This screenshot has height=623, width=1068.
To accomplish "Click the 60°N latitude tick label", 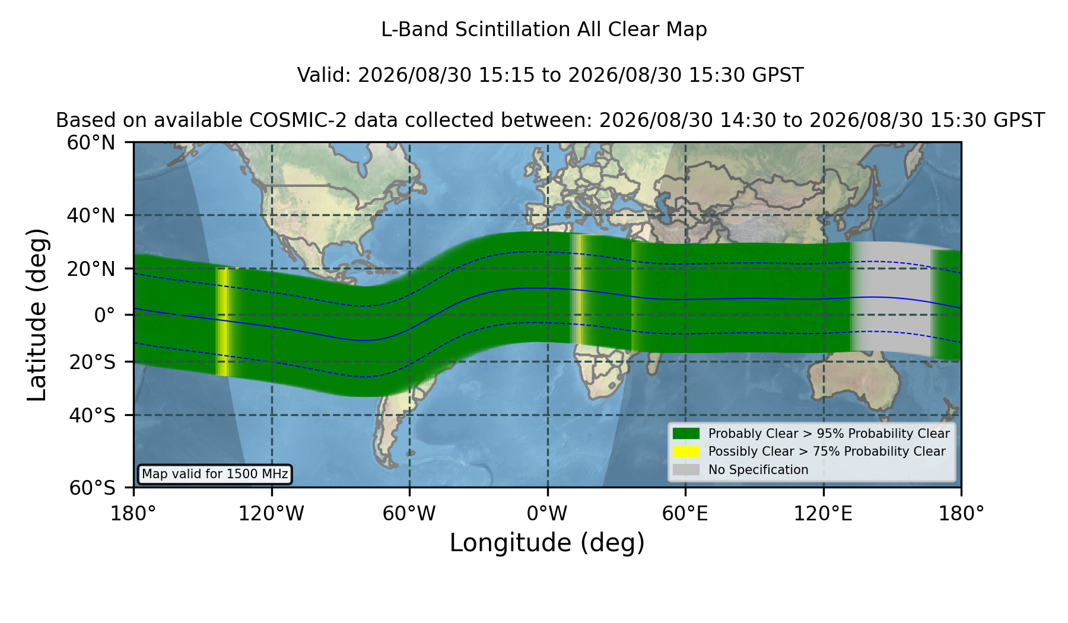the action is [x=91, y=143].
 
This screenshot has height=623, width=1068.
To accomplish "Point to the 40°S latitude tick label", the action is [x=92, y=415].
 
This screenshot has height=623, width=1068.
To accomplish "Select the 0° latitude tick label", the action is [x=104, y=315].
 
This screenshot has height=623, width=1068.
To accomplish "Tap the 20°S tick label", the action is [x=92, y=362].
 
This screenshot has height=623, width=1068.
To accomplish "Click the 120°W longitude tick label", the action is [x=271, y=514].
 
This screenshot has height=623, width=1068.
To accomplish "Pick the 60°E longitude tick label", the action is [x=685, y=514].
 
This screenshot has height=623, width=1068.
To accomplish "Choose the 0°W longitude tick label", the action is [x=548, y=514].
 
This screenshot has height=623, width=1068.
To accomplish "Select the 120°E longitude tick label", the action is [x=824, y=514].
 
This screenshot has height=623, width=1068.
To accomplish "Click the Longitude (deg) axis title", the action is [x=547, y=543].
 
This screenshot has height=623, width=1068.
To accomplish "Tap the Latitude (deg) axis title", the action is [x=37, y=314].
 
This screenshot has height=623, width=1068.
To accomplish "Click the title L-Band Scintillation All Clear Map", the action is [x=544, y=30].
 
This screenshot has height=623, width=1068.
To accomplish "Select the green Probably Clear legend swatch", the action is [x=686, y=434].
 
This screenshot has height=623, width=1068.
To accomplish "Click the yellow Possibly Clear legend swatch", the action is [x=686, y=452].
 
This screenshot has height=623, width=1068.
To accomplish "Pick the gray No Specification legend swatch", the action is [x=686, y=470].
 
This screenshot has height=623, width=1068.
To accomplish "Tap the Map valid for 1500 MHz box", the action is [x=215, y=474].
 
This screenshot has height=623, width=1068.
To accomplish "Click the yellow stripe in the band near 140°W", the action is [x=222, y=321].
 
